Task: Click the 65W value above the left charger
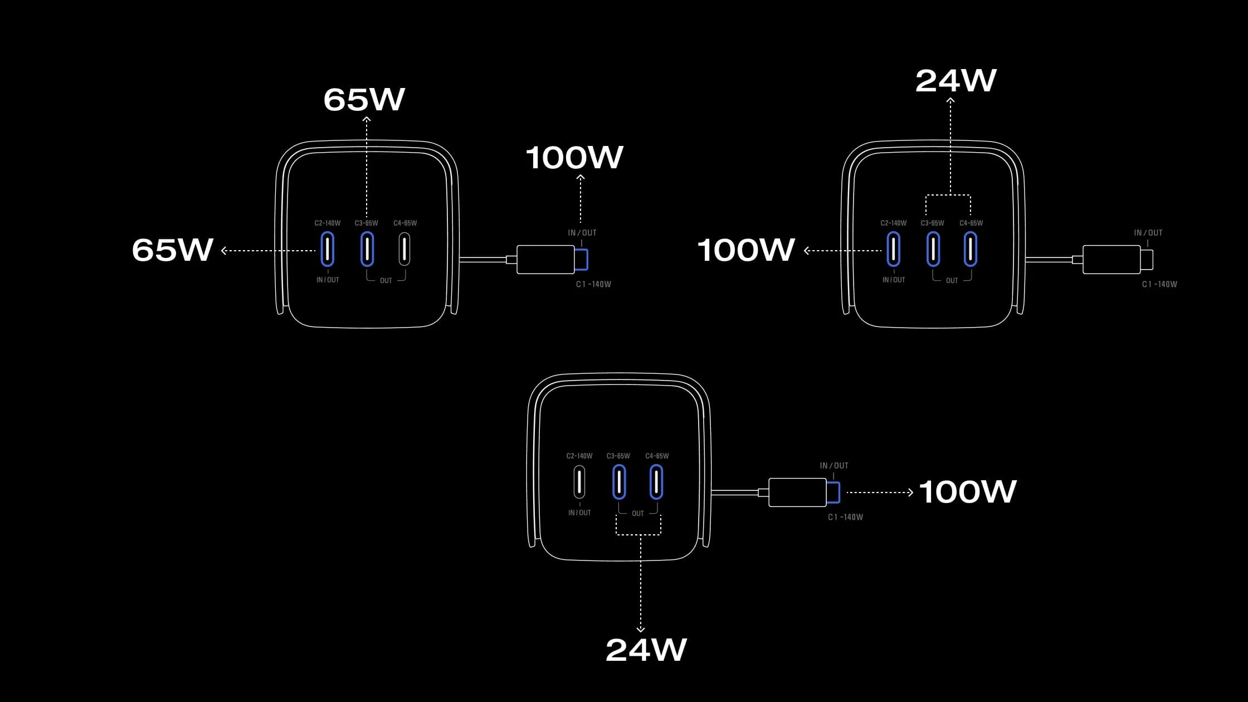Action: (364, 100)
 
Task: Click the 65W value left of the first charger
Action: (173, 250)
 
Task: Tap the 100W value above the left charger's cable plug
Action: (574, 158)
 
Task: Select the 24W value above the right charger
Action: (955, 81)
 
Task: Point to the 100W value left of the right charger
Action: (745, 250)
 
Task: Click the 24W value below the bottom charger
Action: (646, 650)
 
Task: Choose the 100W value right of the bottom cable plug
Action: (967, 492)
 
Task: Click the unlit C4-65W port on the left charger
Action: (404, 249)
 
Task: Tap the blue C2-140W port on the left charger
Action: (328, 249)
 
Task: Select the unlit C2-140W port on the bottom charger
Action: (579, 482)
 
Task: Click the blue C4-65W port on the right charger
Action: (970, 249)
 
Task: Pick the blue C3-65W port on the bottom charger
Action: (619, 482)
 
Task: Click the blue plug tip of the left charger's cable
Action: (582, 260)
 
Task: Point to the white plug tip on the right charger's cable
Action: (1147, 260)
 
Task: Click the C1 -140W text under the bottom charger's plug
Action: (845, 517)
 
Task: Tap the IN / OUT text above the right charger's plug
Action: (1148, 233)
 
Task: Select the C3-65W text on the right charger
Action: (932, 223)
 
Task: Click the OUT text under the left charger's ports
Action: (386, 280)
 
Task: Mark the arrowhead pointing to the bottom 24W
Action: (641, 629)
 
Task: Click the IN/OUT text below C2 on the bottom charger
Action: (579, 513)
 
